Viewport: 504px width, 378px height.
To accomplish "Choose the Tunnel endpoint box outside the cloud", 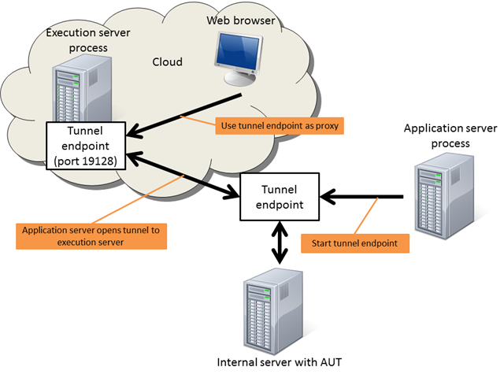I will coord(279,198).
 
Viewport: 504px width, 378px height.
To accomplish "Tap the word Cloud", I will coord(166,61).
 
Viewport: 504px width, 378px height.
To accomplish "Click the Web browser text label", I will coord(241,20).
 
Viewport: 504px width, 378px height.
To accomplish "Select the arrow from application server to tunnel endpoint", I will coord(366,196).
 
